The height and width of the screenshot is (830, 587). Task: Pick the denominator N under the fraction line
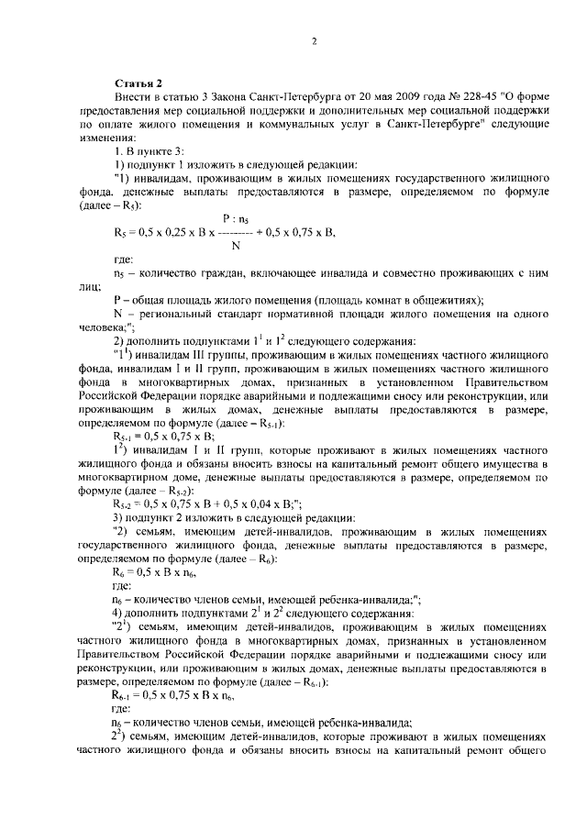point(236,245)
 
